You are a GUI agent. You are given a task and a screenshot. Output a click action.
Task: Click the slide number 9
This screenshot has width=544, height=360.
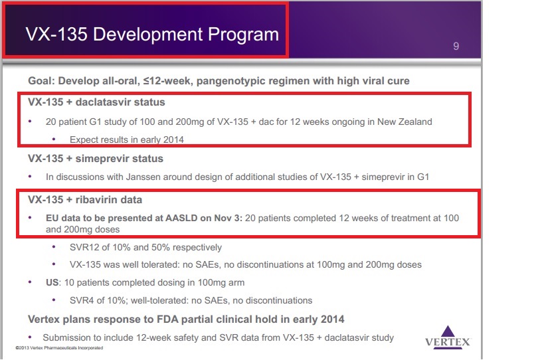click(456, 46)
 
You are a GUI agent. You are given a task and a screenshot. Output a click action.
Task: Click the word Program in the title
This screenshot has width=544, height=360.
click(244, 35)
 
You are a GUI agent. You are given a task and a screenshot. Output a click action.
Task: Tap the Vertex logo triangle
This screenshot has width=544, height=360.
click(448, 331)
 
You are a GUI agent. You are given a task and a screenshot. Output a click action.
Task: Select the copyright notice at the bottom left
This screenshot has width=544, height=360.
click(59, 348)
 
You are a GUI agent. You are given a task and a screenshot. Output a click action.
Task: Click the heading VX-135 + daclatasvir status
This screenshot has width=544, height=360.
click(96, 102)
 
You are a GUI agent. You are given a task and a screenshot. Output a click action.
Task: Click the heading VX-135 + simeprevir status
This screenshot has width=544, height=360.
click(96, 159)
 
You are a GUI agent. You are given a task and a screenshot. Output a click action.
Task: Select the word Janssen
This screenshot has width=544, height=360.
click(143, 177)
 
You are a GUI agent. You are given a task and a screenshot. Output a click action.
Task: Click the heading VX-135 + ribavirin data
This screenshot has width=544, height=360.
click(85, 200)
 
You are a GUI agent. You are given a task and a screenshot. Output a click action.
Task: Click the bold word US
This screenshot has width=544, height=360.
click(52, 283)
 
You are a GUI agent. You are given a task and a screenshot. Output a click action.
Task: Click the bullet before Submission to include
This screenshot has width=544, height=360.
click(30, 337)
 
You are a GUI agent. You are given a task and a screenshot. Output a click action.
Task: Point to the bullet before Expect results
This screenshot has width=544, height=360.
click(54, 139)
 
